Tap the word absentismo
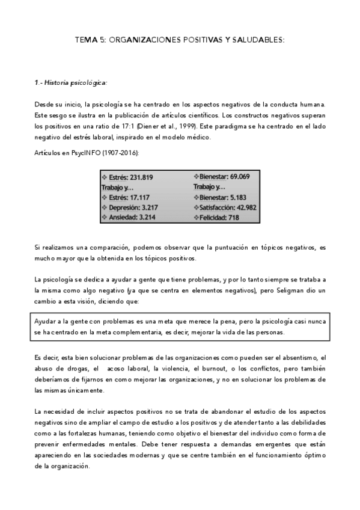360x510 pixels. (x=305, y=357)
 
